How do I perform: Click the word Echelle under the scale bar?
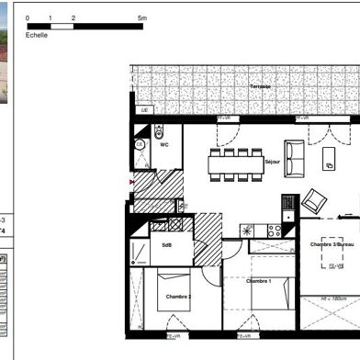(x=37, y=35)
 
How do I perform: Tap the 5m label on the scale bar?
(x=141, y=17)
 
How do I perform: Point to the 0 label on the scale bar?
(x=28, y=17)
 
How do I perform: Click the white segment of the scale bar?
(x=62, y=26)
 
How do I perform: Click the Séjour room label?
(x=273, y=163)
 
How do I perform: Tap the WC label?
(x=164, y=144)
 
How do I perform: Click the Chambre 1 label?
(x=258, y=280)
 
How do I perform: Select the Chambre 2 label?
(x=178, y=297)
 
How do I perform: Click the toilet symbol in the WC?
(x=159, y=129)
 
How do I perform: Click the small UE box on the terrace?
(x=144, y=110)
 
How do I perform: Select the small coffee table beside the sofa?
(x=329, y=163)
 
